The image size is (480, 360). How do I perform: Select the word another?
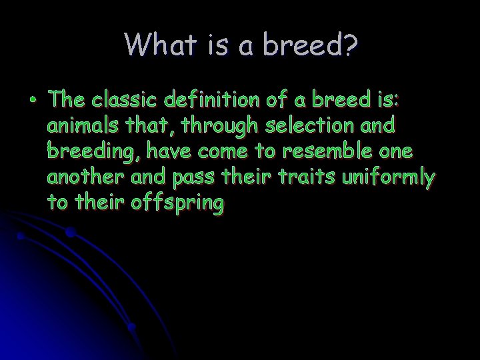click(85, 178)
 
